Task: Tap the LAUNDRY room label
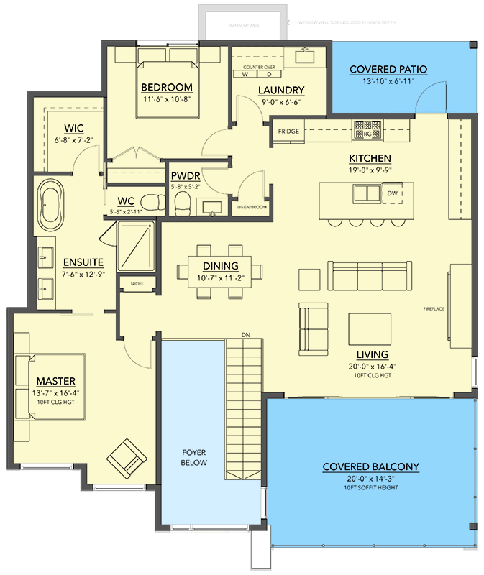(280, 91)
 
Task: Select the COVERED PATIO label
(388, 70)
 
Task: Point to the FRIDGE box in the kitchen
(284, 132)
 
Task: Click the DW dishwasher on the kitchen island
(392, 194)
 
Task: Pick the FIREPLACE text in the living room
(434, 309)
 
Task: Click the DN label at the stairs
(245, 335)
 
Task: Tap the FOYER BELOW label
(194, 458)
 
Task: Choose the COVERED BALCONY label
(370, 467)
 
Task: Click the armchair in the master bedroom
(125, 457)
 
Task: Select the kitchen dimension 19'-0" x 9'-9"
(370, 171)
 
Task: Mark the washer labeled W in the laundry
(245, 75)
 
